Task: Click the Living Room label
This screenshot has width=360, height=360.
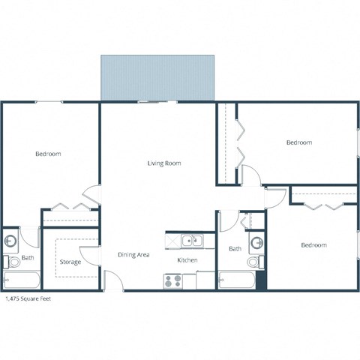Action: (x=164, y=163)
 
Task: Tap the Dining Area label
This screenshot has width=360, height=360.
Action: (x=133, y=255)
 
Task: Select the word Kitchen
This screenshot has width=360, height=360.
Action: (x=187, y=260)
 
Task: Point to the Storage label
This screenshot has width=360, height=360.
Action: (x=70, y=262)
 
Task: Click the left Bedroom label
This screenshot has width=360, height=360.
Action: (x=48, y=154)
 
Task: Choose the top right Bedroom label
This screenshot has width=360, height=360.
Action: (x=299, y=142)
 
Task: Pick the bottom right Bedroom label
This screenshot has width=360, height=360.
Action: (x=313, y=245)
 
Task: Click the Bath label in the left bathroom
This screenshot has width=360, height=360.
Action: (x=28, y=259)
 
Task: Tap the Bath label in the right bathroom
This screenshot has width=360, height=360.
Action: (x=235, y=249)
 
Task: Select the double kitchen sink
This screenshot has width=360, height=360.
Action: (x=191, y=241)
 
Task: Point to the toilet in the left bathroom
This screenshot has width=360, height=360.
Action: (x=13, y=262)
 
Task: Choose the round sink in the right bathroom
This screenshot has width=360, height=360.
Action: (x=256, y=243)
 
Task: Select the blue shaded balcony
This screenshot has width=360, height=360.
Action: (x=157, y=77)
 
